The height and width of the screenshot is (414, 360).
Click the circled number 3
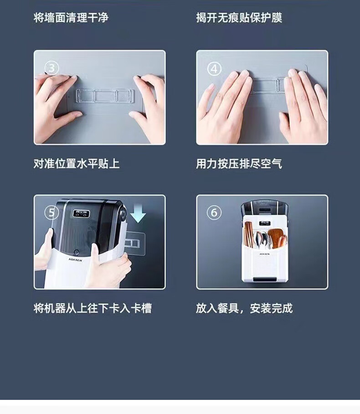52,68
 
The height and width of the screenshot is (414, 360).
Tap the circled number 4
214,69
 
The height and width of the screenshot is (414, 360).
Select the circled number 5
52,212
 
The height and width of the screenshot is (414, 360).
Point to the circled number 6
214,212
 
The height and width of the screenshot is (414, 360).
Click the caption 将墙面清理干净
71,18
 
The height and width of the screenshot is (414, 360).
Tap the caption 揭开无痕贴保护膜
239,18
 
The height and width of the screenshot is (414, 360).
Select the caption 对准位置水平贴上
77,164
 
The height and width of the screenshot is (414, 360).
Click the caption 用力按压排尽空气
239,164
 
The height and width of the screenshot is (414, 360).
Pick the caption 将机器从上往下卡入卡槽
93,308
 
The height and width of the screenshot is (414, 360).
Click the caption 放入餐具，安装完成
244,308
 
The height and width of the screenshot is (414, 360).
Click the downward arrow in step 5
138,213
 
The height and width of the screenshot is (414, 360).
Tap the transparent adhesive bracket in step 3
105,95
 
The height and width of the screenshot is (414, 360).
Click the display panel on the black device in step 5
81,213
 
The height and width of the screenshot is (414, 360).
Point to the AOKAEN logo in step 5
76,260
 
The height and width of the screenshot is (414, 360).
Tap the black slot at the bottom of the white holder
265,279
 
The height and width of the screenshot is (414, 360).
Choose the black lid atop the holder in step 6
266,208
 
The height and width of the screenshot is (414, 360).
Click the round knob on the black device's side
123,213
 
